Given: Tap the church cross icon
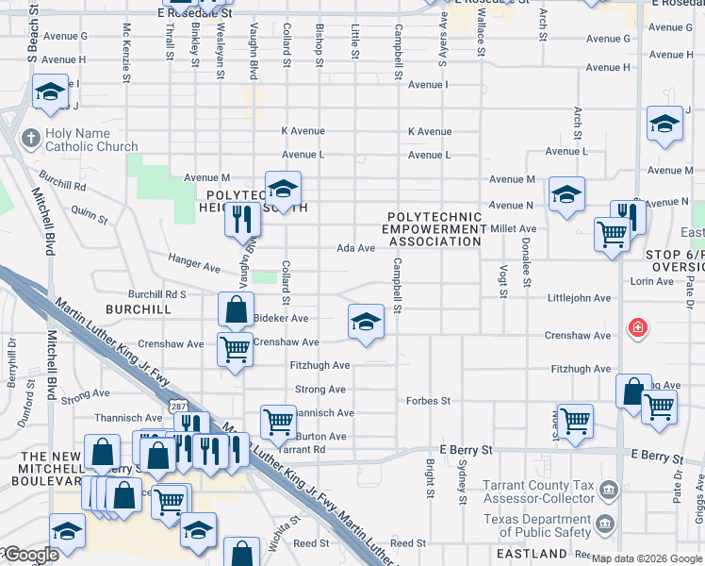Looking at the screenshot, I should click(x=30, y=139).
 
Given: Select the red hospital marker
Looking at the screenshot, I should click(x=638, y=329).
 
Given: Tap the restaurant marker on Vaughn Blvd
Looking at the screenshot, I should click(x=242, y=219).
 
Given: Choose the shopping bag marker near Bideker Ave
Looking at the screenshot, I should click(x=236, y=309).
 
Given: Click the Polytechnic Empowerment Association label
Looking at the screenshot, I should click(x=434, y=229).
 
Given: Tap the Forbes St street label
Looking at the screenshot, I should click(x=429, y=401).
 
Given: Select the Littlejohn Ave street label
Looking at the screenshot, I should click(x=579, y=298).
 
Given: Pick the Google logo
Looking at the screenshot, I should click(x=30, y=555).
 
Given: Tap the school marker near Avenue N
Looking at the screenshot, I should click(x=566, y=195).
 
